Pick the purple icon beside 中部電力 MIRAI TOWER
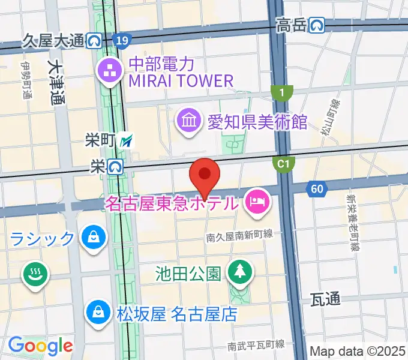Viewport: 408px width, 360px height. click(110, 71)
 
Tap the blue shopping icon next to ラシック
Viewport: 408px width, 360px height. click(94, 238)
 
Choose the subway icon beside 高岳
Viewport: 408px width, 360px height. click(317, 25)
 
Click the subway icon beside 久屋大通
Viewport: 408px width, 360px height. click(95, 41)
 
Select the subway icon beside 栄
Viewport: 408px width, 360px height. click(116, 166)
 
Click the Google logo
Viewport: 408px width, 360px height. click(40, 346)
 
